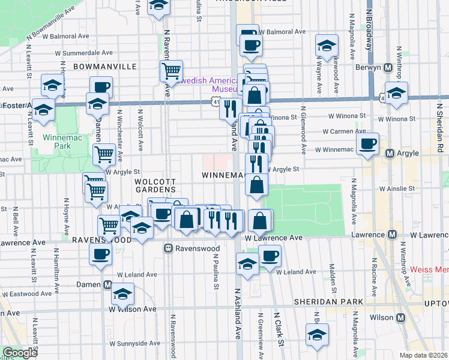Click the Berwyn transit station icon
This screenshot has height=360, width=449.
click(388, 67)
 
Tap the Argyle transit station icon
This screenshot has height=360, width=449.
click(389, 153)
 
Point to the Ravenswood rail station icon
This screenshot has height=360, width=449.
click(170, 247)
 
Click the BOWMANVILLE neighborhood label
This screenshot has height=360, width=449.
click(104, 67)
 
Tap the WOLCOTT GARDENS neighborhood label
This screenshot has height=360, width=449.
click(155, 185)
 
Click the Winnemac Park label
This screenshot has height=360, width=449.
click(58, 141)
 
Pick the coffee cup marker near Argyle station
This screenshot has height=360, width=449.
click(368, 143)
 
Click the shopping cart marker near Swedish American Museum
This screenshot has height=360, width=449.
click(172, 71)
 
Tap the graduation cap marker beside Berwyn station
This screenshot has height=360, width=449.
click(396, 94)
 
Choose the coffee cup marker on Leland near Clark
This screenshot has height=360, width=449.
click(270, 256)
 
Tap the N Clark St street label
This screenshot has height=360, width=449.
click(277, 323)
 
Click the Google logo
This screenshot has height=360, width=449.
click(20, 353)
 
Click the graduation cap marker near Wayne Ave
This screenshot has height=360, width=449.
click(327, 46)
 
